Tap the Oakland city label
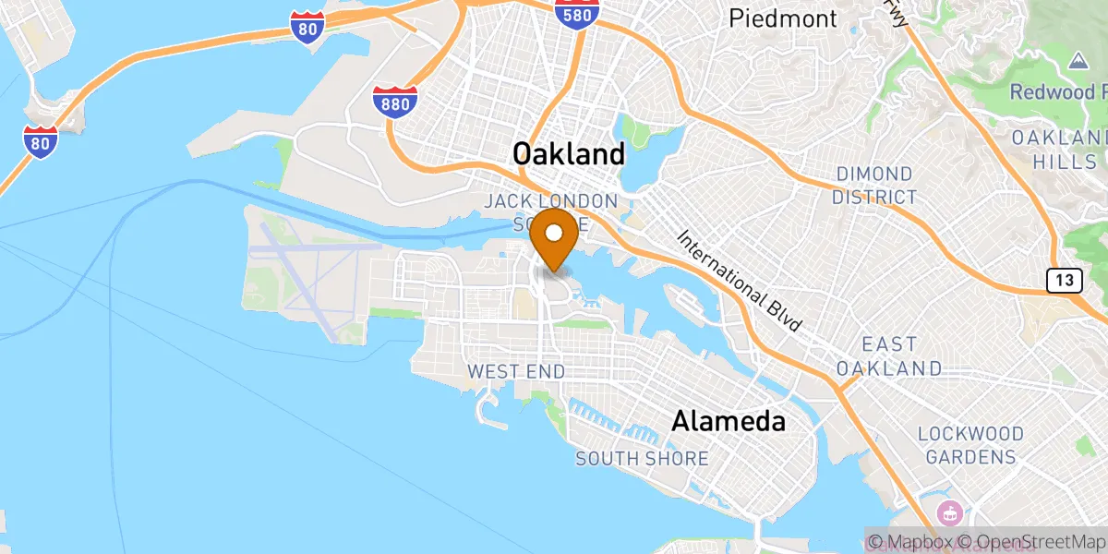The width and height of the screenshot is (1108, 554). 569,153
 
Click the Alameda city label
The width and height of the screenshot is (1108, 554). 729,422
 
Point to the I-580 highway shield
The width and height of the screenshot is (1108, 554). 578,12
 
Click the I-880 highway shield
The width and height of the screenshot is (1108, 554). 395,102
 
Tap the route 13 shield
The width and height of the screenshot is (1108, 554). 1064,280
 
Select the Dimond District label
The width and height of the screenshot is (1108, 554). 873,186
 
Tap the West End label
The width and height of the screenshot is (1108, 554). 516,371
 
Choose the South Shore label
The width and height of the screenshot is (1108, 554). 642,458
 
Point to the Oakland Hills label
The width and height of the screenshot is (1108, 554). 1058,149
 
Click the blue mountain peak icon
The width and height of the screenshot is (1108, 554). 1076,60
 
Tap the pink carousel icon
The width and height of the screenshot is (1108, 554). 948,512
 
